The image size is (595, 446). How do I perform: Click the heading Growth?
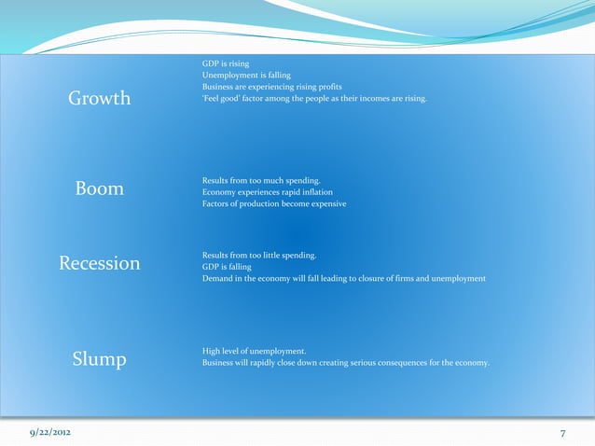coord(99,98)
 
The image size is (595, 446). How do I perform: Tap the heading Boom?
coord(99,188)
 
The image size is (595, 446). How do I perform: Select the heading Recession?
coord(99,263)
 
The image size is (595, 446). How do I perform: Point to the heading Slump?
coord(99,359)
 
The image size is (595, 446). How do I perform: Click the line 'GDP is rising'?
coord(226,63)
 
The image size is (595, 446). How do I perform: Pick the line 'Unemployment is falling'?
coord(246,75)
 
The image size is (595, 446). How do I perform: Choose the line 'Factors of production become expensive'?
coord(274,204)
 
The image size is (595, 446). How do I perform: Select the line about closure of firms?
coord(343,279)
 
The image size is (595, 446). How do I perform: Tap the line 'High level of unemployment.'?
coord(254,351)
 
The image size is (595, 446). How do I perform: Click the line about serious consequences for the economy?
coord(345,363)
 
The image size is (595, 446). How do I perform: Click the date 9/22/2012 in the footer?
coord(49,434)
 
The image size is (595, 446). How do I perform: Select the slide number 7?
coord(563,434)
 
